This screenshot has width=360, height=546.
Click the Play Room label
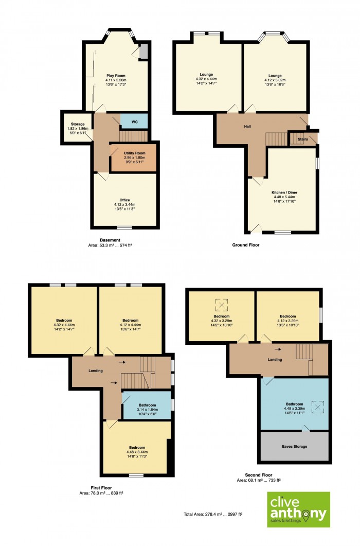(116, 80)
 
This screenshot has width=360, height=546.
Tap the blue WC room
(134, 121)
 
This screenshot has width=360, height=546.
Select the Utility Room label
(134, 157)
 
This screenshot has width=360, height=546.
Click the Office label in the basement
(124, 204)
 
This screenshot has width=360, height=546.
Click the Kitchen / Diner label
(284, 197)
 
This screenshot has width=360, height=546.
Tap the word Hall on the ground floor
(247, 127)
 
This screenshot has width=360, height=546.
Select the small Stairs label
(303, 139)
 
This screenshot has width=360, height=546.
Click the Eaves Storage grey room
(295, 447)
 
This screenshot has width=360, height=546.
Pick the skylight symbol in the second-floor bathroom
(317, 407)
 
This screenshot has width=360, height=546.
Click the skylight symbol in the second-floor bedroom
(222, 305)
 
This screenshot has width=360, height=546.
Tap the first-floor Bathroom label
(147, 410)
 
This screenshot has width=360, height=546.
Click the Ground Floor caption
(246, 245)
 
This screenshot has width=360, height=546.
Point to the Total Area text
(213, 514)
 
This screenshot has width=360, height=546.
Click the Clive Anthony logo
(298, 509)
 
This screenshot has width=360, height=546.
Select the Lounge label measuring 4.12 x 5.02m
(275, 80)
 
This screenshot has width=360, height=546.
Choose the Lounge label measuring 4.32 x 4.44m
(206, 79)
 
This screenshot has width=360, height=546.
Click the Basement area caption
(110, 242)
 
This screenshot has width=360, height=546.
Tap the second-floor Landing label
(275, 359)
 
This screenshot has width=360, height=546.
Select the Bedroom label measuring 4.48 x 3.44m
(137, 452)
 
